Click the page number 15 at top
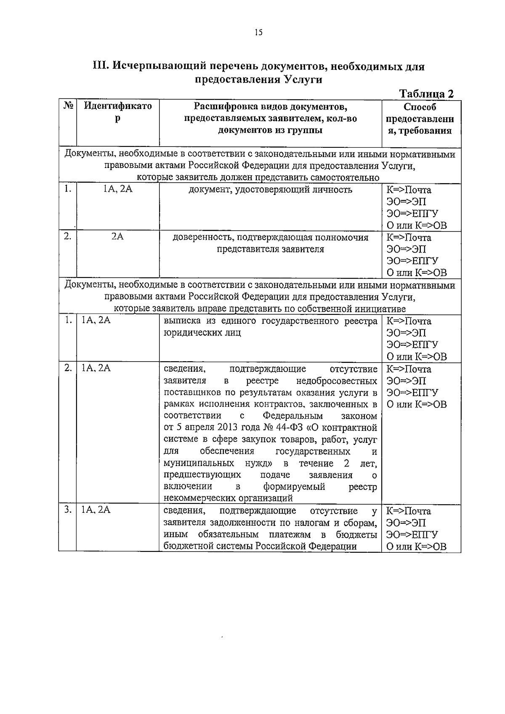(258, 32)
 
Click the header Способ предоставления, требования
(420, 119)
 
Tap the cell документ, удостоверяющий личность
(270, 189)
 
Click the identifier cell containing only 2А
(117, 237)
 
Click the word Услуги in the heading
(303, 80)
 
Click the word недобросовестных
(337, 381)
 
